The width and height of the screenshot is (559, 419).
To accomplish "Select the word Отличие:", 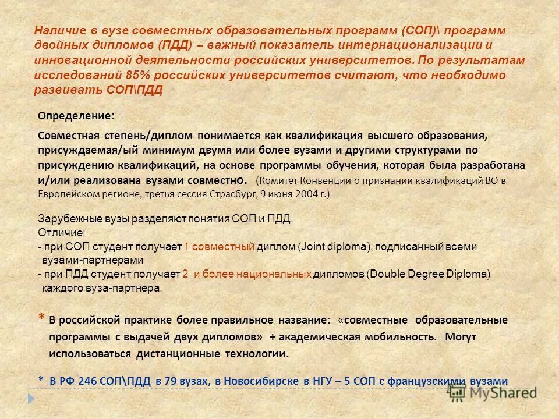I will (x=61, y=233).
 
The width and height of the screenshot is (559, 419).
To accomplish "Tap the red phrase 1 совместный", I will (x=219, y=247).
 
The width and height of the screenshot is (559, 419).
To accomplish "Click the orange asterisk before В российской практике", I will (x=41, y=317).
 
